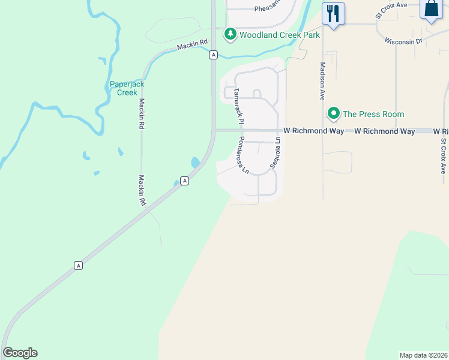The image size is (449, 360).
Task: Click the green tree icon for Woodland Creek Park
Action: (230, 35)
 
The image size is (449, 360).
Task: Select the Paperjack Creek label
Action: (127, 88)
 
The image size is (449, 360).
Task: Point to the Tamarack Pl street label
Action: (237, 106)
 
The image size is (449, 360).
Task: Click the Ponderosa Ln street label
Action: (243, 155)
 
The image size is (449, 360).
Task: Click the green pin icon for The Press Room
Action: (333, 113)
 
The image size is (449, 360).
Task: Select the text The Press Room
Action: (373, 114)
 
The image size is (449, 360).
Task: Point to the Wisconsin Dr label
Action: (404, 41)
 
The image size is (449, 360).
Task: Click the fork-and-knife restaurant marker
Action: (333, 13)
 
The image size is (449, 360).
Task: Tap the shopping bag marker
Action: (432, 9)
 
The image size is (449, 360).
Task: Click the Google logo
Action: (20, 353)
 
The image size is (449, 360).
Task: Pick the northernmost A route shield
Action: (213, 55)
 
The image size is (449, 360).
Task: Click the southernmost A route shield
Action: (78, 265)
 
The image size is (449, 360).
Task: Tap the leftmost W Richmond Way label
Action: (313, 130)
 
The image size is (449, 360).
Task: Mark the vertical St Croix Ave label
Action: (444, 157)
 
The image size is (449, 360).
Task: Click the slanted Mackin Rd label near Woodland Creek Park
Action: (192, 45)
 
